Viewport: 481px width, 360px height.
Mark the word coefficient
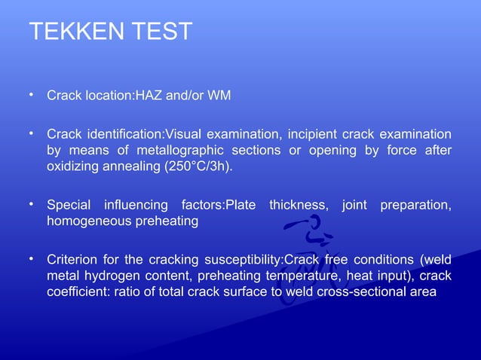pyautogui.click(x=78, y=292)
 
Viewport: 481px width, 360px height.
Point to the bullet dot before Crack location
pyautogui.click(x=32, y=95)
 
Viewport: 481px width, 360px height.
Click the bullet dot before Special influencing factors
pyautogui.click(x=32, y=204)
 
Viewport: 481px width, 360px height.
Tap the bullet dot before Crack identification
pyautogui.click(x=32, y=133)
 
